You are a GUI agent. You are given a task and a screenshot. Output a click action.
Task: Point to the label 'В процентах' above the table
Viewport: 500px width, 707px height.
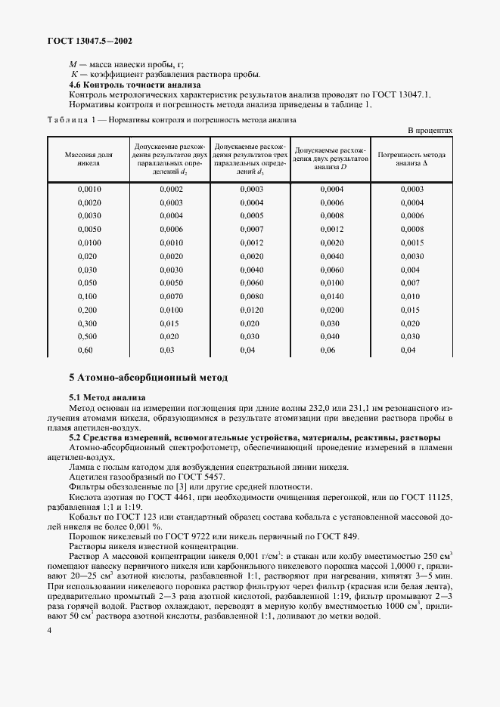[430, 130]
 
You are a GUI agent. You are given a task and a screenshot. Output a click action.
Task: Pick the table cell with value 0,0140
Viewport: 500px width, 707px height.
[331, 297]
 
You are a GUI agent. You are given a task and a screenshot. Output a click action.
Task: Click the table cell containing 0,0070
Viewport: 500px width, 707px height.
[170, 297]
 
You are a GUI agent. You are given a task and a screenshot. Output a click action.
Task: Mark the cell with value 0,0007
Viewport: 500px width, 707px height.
[251, 229]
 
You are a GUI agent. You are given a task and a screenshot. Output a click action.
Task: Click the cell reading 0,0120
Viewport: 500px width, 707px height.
[251, 310]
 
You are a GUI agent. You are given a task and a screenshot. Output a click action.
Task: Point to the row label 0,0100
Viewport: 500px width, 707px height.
[89, 242]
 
